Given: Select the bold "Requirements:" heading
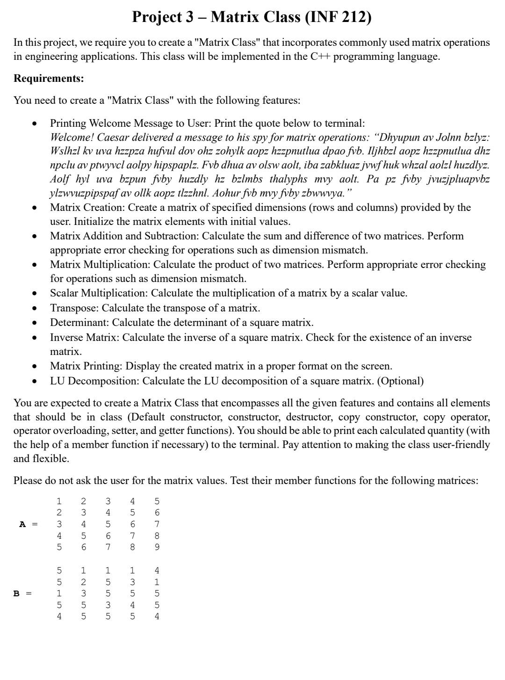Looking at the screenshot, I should click(49, 78).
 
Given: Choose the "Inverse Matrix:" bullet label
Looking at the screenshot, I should click(85, 338).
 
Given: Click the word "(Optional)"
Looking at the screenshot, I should click(400, 381).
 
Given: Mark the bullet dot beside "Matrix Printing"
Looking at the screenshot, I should click(34, 367).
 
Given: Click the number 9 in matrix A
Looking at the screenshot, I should click(157, 547).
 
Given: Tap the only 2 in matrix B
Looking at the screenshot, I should click(83, 582).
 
